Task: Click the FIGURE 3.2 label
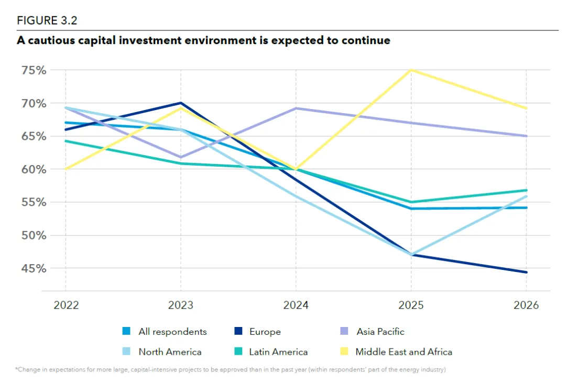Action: coord(48,20)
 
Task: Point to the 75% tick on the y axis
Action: coord(34,70)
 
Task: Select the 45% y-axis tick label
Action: coord(34,268)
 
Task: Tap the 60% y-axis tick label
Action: coord(34,169)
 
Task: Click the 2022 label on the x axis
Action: coord(66,305)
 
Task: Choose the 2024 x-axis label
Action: coord(296,305)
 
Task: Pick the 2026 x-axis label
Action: coord(526,305)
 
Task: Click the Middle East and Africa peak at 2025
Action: coord(411,70)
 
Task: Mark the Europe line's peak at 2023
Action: coord(181,103)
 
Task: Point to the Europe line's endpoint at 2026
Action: coord(526,272)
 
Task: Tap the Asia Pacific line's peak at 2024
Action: coord(296,108)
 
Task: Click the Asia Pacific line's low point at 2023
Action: coord(181,157)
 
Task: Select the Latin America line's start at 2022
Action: coord(66,141)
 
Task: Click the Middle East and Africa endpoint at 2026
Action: coord(526,108)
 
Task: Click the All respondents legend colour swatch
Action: coord(126,332)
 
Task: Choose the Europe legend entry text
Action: coord(265,332)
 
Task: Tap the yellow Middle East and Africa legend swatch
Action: coord(344,352)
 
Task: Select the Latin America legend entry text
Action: coord(278,352)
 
